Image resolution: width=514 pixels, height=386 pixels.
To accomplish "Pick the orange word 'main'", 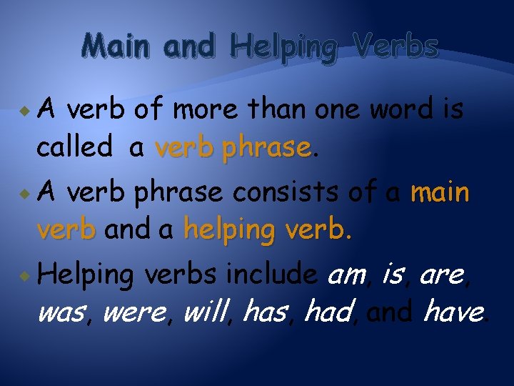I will [x=440, y=192].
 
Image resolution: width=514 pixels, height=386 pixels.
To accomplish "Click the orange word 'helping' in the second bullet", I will [x=227, y=229].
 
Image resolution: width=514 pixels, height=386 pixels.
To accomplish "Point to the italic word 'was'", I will [x=60, y=312].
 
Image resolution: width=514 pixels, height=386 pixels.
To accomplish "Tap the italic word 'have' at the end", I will [x=453, y=312].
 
